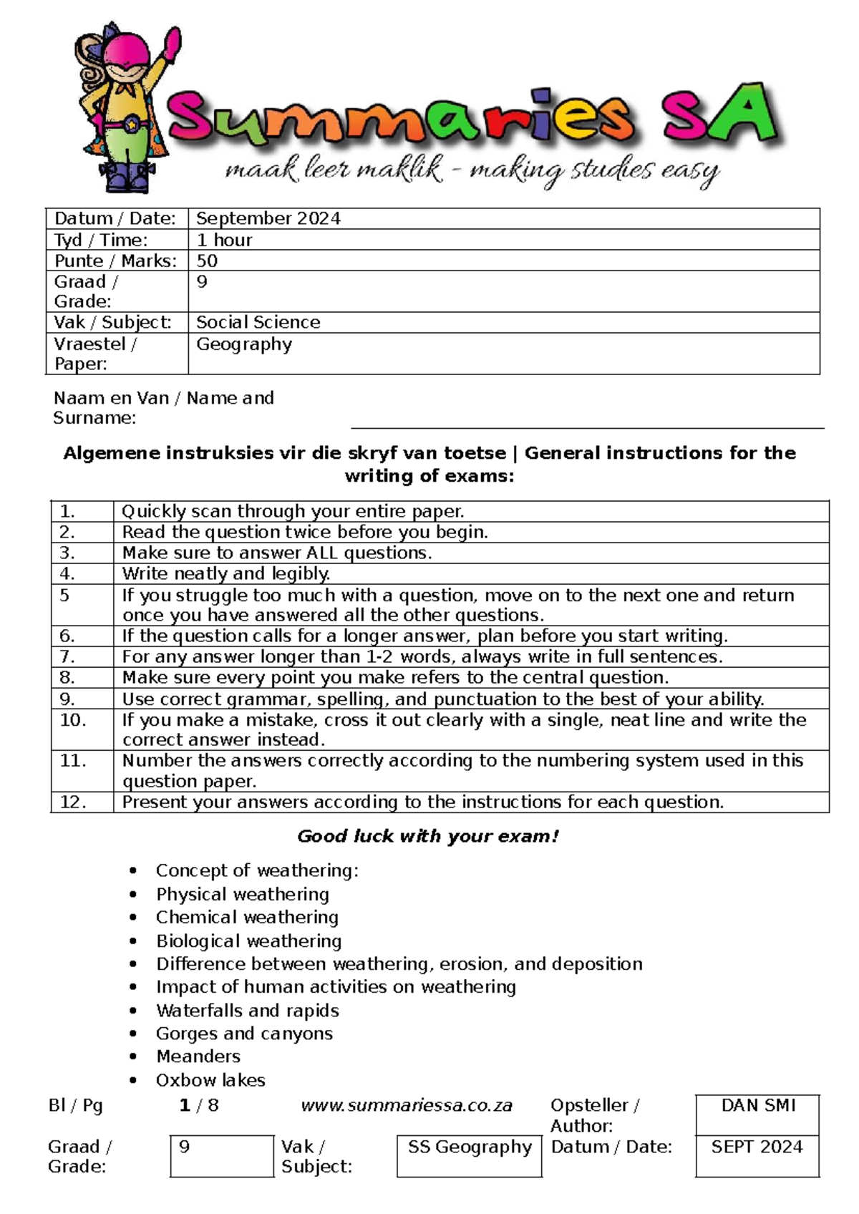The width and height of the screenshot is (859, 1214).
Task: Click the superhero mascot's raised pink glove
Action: (x=172, y=44)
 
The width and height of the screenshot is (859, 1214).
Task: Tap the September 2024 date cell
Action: (x=268, y=218)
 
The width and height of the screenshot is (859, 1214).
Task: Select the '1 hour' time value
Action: (x=224, y=240)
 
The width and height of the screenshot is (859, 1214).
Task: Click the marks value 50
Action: (x=207, y=261)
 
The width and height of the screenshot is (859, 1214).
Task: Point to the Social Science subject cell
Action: (x=258, y=322)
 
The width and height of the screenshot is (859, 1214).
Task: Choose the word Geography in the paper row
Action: (x=244, y=344)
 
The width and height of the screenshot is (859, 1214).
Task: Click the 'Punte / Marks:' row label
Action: (x=115, y=261)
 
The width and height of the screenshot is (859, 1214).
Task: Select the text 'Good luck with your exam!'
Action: (x=428, y=836)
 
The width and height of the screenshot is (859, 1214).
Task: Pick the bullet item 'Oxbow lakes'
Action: (x=210, y=1079)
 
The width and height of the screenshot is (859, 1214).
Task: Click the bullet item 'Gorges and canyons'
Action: (x=244, y=1033)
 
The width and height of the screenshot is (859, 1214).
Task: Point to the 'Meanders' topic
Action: (x=198, y=1057)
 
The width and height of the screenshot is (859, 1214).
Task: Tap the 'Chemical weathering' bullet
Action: (x=247, y=917)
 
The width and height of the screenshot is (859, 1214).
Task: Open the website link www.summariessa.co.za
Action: (x=407, y=1105)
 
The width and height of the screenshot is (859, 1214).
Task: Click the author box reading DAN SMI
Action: (x=757, y=1107)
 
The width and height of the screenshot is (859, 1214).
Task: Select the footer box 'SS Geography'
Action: (x=470, y=1147)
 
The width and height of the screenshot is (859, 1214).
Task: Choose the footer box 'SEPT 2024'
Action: (x=757, y=1147)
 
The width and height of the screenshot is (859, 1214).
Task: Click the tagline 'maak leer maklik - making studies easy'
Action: (x=472, y=170)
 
